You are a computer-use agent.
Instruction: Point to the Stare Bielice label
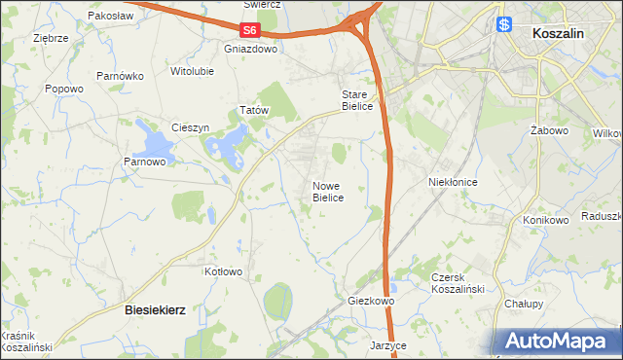coord(356,100)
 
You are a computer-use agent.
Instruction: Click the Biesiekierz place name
coord(156,308)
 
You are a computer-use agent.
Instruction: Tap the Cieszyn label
coord(190,127)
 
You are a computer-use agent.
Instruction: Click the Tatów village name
coord(254,111)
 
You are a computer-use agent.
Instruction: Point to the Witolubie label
coord(192,71)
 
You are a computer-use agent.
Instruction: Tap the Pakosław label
coord(109,17)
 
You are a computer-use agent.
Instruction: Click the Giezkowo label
coord(371,302)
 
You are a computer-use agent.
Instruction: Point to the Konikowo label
coord(545,220)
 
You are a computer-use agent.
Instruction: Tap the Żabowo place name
coord(549,129)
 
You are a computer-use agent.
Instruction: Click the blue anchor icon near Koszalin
coord(505,25)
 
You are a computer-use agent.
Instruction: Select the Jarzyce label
coord(387,345)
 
